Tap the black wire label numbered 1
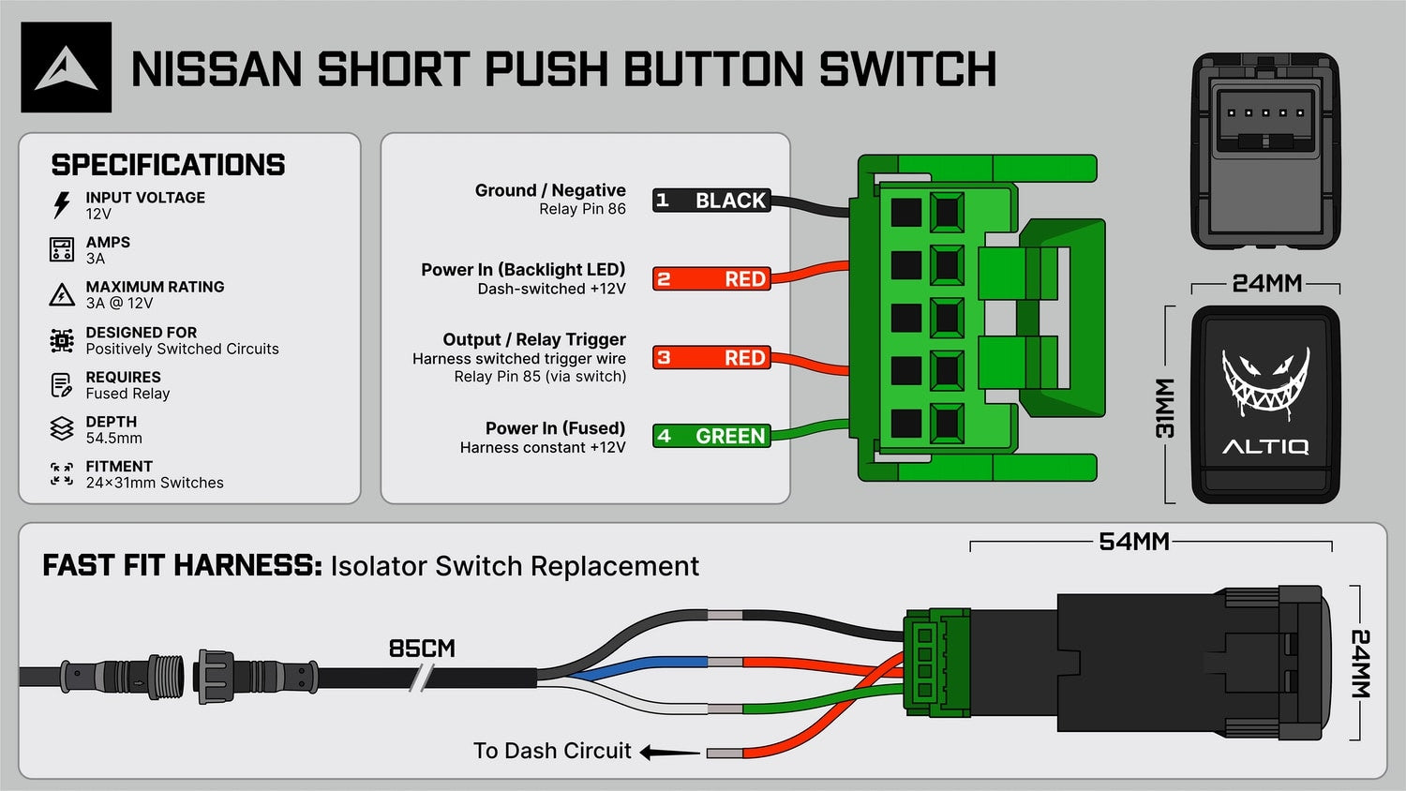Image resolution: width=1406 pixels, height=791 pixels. tap(711, 201)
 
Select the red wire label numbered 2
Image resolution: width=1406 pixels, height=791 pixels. tap(711, 278)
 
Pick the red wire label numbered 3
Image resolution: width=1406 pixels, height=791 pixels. tap(711, 357)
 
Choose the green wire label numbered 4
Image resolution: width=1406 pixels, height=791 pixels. tap(711, 436)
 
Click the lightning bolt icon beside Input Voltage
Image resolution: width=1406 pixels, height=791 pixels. tap(62, 205)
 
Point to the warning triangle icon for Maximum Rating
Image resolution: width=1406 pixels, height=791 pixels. tap(62, 294)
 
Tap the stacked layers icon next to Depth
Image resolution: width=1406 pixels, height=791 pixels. tap(62, 429)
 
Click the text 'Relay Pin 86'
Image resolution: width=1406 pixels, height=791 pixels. tap(582, 209)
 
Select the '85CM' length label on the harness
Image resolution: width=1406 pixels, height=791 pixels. tap(422, 649)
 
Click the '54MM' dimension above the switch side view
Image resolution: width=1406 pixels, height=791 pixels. tap(1133, 541)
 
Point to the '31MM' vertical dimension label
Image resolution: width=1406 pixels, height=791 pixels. tap(1164, 408)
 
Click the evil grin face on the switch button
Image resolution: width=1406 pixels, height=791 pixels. tap(1265, 383)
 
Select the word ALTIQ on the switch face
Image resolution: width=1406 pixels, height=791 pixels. tap(1265, 447)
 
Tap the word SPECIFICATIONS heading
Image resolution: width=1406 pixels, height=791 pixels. tap(168, 165)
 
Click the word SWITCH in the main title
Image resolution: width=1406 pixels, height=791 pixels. tap(907, 69)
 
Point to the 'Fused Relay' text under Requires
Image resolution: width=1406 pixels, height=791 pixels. tap(128, 394)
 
